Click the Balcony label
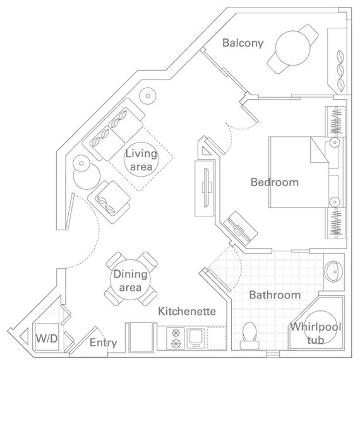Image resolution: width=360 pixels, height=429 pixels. coord(243,43)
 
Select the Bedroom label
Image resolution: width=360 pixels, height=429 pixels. coord(274,182)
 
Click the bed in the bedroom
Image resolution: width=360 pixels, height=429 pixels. coord(297,171)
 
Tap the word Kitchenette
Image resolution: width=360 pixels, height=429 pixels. coord(187,311)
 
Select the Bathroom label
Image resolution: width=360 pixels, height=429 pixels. coord(274,295)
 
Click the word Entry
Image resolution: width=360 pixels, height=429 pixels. coord(103,343)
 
